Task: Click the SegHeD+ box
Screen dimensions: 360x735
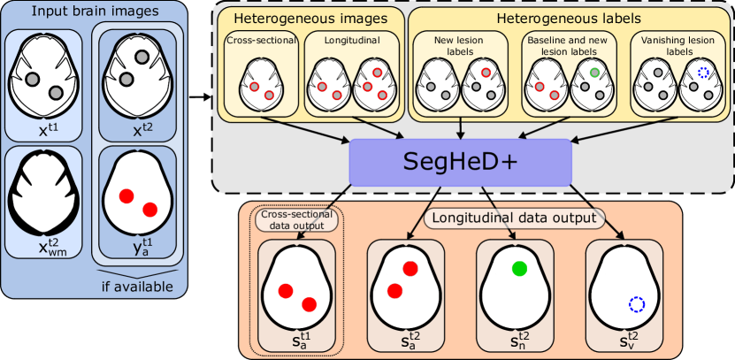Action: coord(460,161)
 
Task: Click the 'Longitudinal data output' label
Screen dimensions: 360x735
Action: coord(513,216)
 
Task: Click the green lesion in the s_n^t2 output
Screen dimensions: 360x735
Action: coord(519,269)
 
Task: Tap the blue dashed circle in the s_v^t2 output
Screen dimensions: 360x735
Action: coord(636,304)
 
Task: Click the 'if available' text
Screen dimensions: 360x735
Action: coord(135,287)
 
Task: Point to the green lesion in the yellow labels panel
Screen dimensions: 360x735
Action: coord(595,73)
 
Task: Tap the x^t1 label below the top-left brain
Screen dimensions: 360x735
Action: coord(44,128)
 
